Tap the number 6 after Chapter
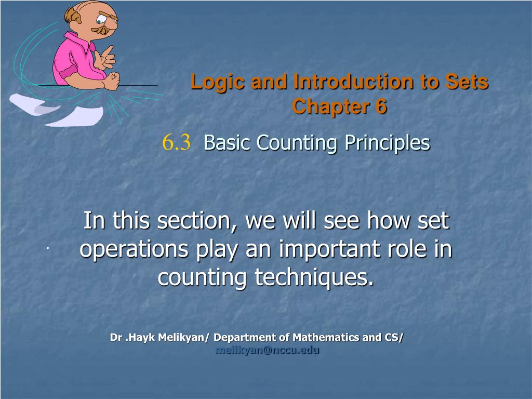click(381, 106)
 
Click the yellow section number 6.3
click(176, 142)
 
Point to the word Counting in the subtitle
click(297, 143)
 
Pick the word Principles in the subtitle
click(387, 143)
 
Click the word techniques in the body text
click(314, 277)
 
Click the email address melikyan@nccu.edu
click(268, 350)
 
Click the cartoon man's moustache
click(102, 30)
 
